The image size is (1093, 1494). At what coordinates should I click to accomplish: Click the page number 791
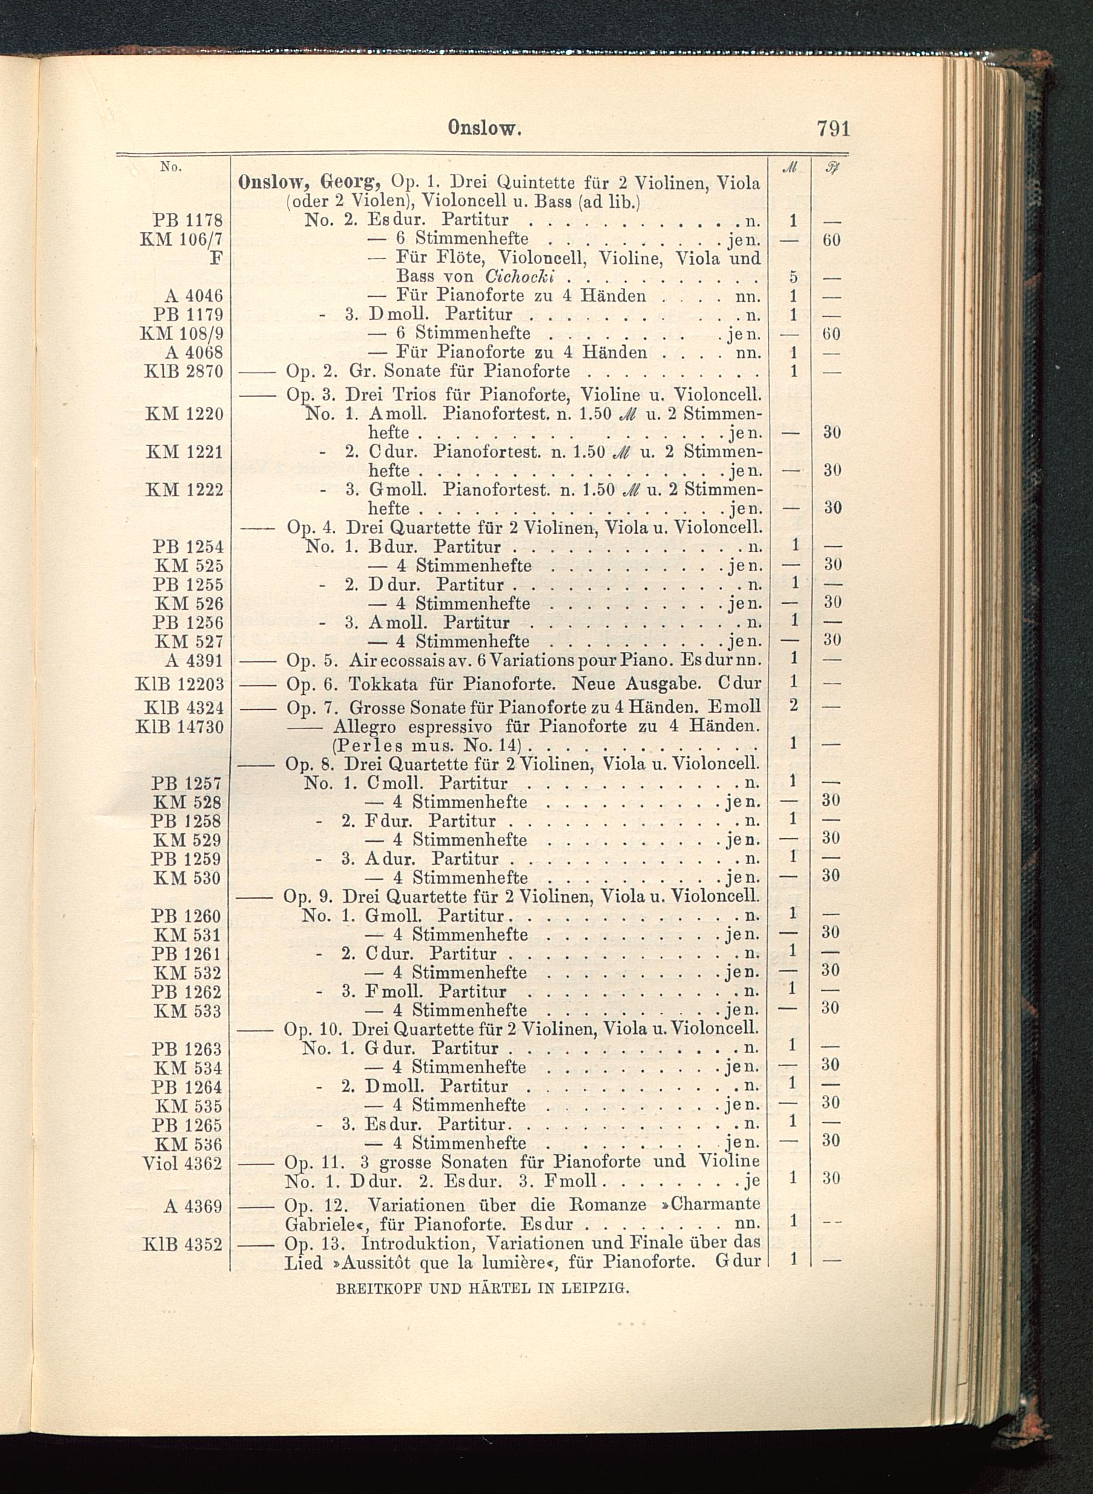tap(832, 128)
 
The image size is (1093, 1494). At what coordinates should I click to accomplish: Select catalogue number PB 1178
tap(188, 220)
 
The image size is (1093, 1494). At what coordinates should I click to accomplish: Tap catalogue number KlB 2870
tap(183, 371)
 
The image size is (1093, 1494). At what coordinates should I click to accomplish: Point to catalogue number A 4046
tap(194, 295)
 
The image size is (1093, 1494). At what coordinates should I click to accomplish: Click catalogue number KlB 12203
tap(179, 683)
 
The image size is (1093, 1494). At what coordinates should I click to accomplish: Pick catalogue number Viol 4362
tap(182, 1163)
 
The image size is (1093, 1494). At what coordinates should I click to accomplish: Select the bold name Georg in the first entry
tap(350, 182)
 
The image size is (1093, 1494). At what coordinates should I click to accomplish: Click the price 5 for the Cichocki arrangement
tap(794, 277)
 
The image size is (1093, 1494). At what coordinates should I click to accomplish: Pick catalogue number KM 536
tap(188, 1145)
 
